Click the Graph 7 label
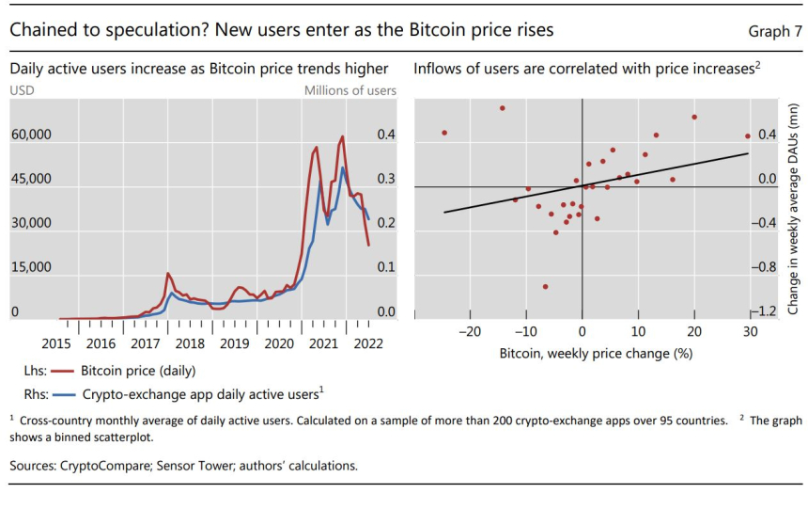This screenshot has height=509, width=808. click(775, 31)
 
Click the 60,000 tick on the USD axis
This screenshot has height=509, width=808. click(31, 135)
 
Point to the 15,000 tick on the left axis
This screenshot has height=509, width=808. click(31, 268)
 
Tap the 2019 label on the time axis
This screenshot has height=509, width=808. click(234, 343)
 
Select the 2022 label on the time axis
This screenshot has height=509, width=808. click(367, 343)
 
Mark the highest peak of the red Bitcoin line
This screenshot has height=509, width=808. click(342, 137)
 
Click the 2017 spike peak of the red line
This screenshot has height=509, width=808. click(167, 274)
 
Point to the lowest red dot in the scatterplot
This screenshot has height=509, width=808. click(545, 287)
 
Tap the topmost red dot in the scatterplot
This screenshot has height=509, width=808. click(503, 108)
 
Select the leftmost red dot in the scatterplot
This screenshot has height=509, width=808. click(444, 133)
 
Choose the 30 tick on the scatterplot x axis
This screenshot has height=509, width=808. click(750, 331)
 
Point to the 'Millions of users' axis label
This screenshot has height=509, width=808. click(350, 90)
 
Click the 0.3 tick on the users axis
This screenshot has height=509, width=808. click(386, 180)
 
